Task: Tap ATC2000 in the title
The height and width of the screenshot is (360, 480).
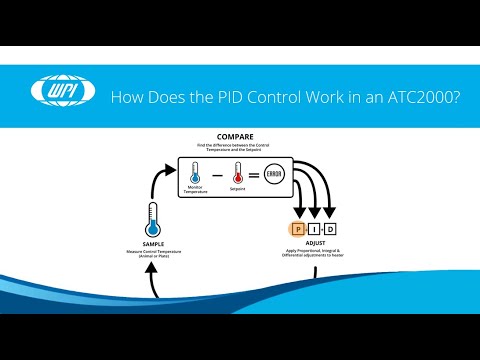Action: tap(417, 97)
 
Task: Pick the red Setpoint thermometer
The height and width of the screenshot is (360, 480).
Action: tap(239, 171)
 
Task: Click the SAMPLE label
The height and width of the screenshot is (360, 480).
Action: tap(152, 241)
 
